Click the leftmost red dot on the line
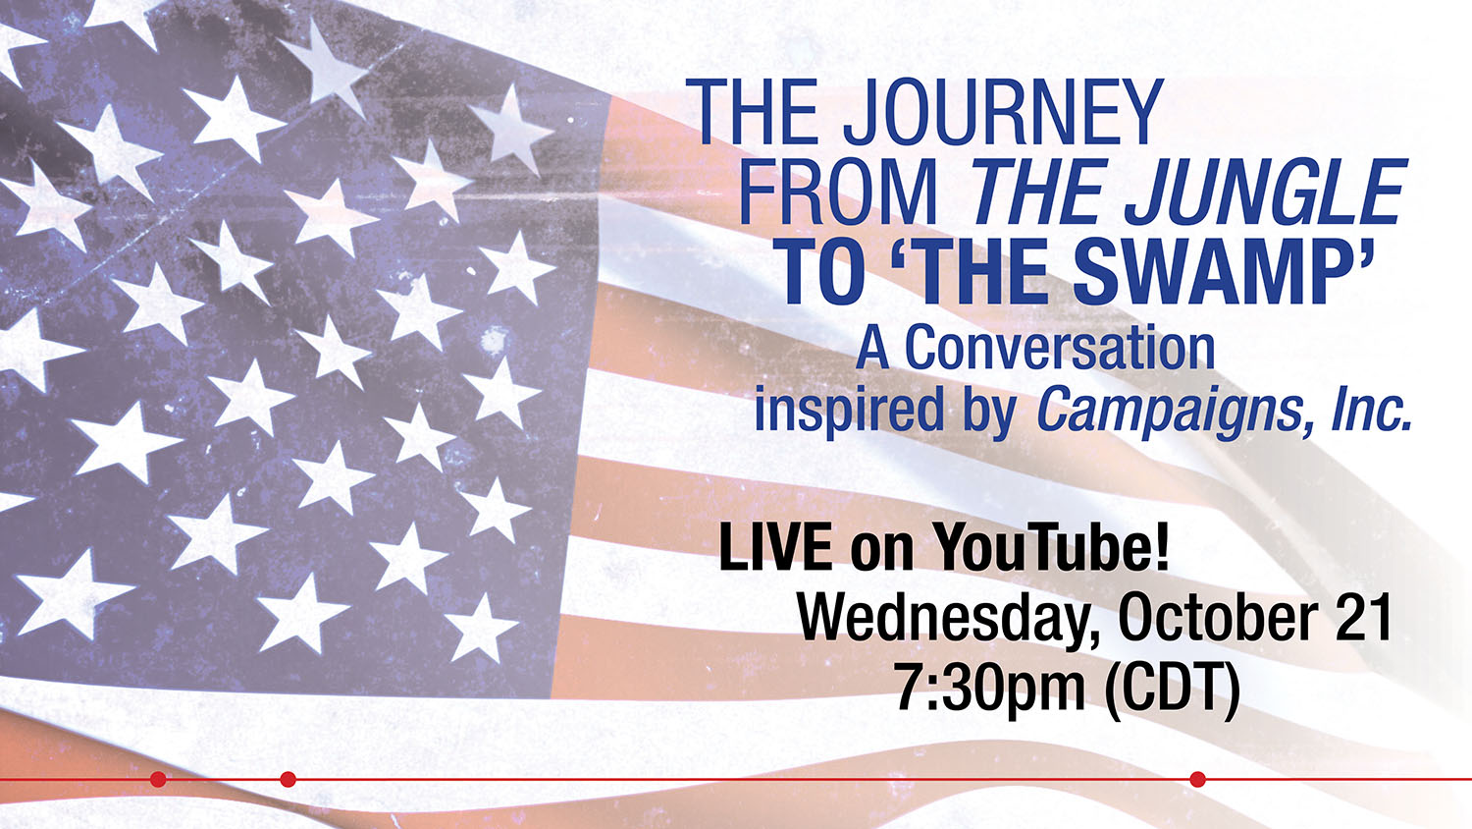coord(158,780)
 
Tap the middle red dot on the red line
coord(288,780)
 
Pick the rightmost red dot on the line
coord(1198,780)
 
